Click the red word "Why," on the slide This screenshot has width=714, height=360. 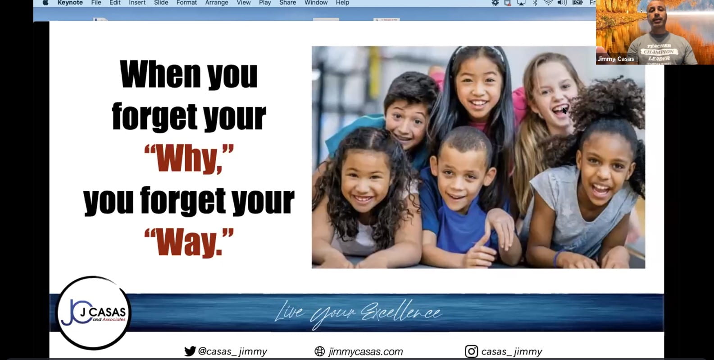(x=189, y=159)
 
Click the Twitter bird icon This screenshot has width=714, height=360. (x=190, y=351)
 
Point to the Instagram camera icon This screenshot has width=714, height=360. (x=471, y=351)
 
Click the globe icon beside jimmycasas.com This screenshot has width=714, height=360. (x=320, y=351)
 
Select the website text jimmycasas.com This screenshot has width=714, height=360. (x=366, y=351)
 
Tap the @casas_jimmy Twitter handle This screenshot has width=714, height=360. (x=232, y=351)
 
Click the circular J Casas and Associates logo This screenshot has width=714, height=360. (x=93, y=313)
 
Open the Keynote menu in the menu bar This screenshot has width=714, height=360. (x=70, y=3)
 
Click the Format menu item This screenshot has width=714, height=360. (x=186, y=3)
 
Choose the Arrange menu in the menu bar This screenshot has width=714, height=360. (x=217, y=3)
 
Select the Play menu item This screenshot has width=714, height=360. (x=265, y=3)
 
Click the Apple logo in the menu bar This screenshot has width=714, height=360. (x=45, y=3)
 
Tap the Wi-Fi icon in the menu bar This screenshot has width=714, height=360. (x=548, y=3)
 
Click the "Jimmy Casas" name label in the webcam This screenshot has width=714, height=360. (x=615, y=59)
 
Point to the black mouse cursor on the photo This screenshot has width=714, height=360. (x=564, y=110)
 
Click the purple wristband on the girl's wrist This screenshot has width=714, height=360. (x=557, y=258)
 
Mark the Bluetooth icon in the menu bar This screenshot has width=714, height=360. (x=535, y=3)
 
